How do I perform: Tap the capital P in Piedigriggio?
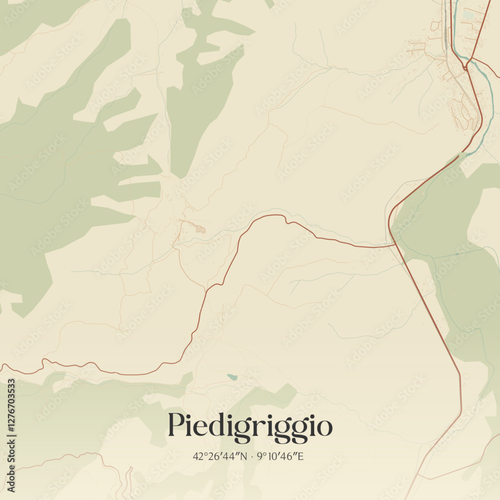(x=175, y=425)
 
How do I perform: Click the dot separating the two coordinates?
(x=251, y=456)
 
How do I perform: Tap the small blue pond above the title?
(x=231, y=376)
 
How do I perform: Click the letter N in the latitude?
(x=244, y=456)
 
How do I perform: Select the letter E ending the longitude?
(x=300, y=456)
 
